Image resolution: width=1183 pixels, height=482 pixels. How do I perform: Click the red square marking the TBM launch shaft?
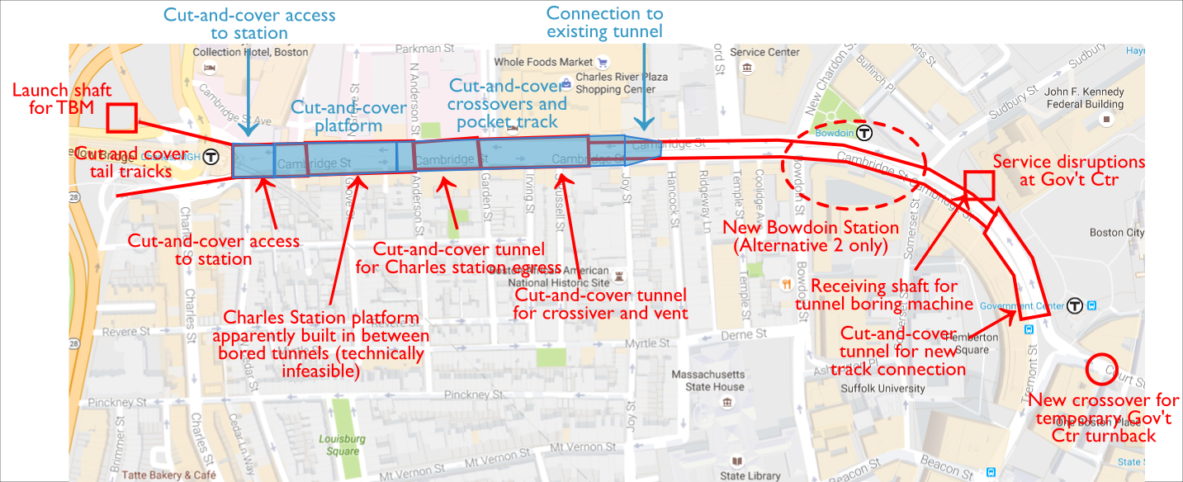[121, 118]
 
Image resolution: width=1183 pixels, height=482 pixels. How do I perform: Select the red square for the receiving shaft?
[979, 185]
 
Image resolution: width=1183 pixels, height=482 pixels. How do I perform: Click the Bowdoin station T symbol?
[864, 132]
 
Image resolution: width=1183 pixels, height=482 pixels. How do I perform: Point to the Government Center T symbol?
[1073, 306]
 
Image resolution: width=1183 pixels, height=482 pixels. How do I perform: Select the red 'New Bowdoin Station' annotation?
[810, 235]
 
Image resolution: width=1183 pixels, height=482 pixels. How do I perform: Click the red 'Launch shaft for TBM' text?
[54, 99]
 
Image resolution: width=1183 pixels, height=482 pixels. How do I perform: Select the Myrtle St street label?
[556, 343]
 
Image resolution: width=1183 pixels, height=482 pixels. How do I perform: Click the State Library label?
[750, 475]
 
